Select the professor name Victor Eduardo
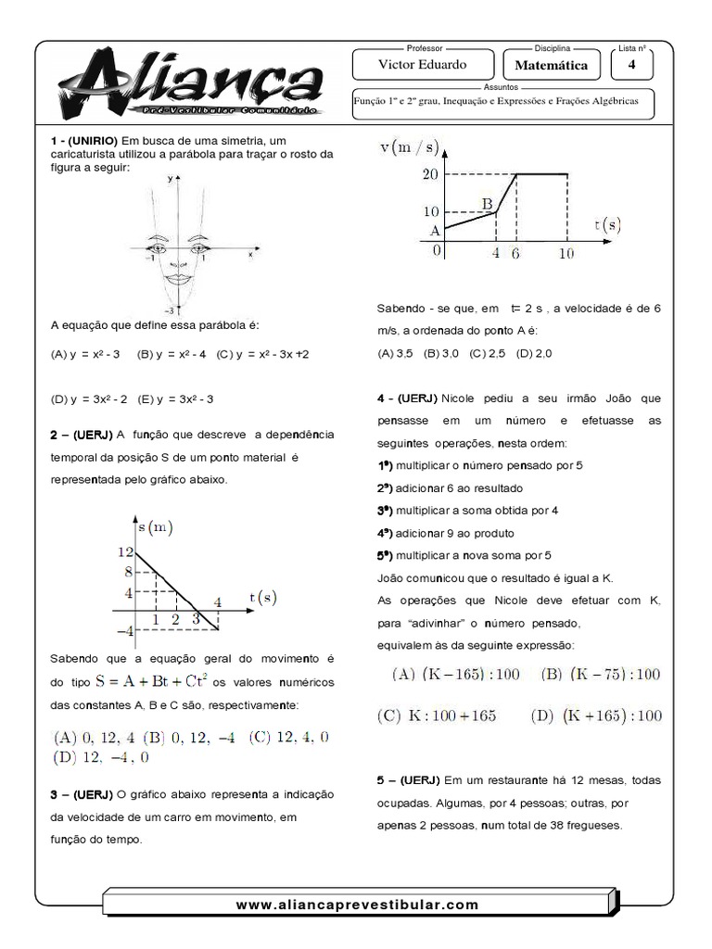tap(423, 66)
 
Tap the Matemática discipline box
tap(551, 67)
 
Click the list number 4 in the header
tap(631, 65)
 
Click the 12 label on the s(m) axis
tap(125, 551)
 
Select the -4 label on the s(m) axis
tap(124, 630)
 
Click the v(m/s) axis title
tap(413, 147)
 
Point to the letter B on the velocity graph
tap(487, 203)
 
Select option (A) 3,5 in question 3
tap(396, 353)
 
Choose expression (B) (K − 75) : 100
tap(602, 674)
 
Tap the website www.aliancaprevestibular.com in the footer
tap(357, 904)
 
